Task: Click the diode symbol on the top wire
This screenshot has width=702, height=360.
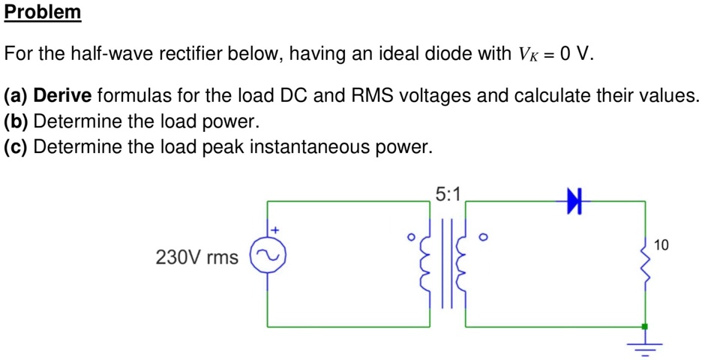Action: click(x=575, y=201)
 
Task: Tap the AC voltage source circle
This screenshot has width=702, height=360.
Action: click(x=268, y=257)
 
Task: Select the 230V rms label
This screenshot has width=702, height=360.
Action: click(x=196, y=258)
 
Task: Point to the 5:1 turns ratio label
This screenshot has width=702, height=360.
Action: click(x=448, y=193)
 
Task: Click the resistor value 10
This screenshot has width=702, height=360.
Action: click(x=661, y=244)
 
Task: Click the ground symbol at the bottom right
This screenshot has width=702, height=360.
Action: click(x=644, y=346)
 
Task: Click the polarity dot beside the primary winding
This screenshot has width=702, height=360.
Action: click(x=411, y=238)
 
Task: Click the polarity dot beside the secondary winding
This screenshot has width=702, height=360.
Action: click(x=483, y=238)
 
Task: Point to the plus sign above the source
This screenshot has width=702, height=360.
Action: click(x=274, y=229)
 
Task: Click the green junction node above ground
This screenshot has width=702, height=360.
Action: click(x=644, y=327)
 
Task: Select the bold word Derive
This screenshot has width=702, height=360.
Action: click(x=63, y=96)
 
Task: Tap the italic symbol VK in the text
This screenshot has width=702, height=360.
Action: click(x=526, y=55)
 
